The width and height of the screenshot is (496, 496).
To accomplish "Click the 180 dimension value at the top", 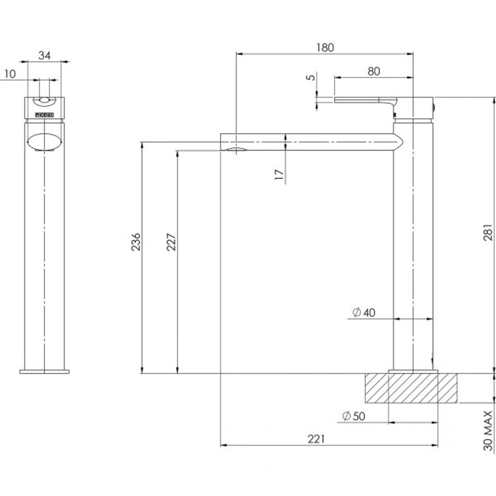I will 325,47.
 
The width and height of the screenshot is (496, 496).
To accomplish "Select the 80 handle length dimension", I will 374,71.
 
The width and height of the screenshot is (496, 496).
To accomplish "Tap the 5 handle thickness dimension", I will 312,77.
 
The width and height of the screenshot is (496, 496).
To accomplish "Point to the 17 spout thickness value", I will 279,174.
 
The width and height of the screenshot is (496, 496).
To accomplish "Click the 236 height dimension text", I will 136,242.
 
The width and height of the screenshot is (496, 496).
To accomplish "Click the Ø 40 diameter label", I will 364,313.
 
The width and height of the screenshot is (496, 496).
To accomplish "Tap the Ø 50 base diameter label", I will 353,417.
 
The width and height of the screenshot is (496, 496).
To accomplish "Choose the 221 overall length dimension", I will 316,439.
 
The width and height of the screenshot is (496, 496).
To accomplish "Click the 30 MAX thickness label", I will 488,430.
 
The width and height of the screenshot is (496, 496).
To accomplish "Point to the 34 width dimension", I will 44,56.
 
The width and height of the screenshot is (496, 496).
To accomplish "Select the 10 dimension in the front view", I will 10,73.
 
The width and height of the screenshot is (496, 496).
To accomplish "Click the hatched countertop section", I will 411,388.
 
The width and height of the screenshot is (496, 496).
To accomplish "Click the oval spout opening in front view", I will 44,141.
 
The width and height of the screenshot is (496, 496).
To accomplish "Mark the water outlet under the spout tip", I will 235,150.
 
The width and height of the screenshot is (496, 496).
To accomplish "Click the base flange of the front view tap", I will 45,371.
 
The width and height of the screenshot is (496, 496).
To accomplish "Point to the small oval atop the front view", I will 45,101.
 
